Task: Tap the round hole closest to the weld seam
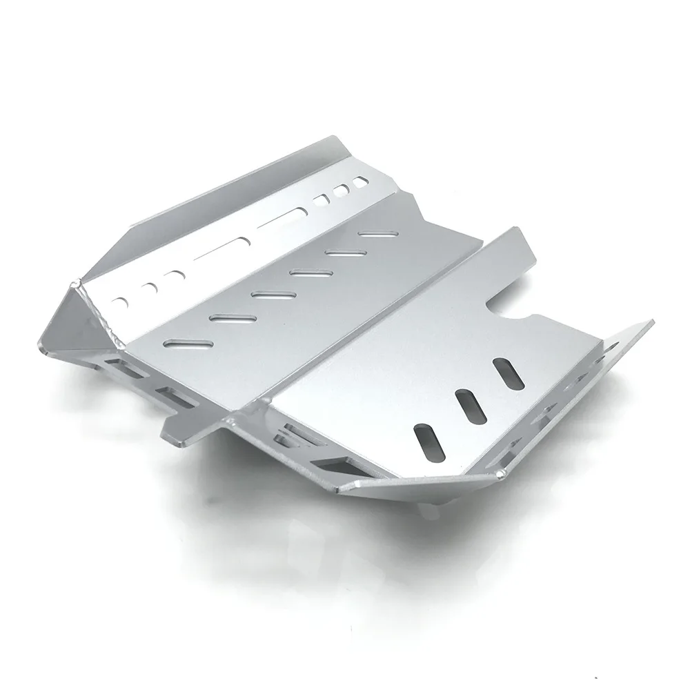pyautogui.click(x=122, y=302)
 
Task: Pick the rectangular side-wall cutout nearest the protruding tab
pyautogui.click(x=175, y=395)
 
